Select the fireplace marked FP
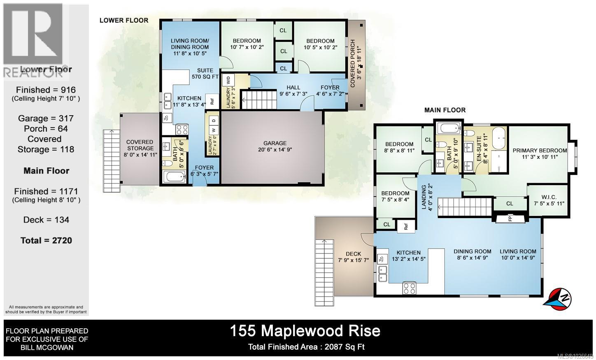coord(510,218)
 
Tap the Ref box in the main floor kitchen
coord(406,226)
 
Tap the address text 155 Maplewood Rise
coord(305,331)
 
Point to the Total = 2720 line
coord(46,240)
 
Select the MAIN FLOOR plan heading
coord(445,110)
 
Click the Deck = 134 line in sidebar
coord(46,220)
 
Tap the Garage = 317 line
coord(46,118)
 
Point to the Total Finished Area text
coord(306,347)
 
